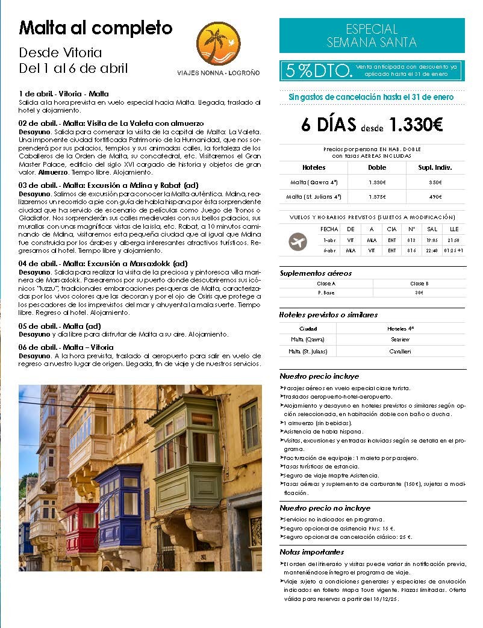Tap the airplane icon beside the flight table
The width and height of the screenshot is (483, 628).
click(298, 242)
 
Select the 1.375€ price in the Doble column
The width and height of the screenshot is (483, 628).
click(377, 197)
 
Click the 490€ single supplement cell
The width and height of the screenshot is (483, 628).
click(435, 197)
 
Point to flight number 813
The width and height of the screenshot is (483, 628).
click(411, 240)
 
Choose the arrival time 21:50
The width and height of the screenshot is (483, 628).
click(454, 240)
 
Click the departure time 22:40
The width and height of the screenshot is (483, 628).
click(432, 250)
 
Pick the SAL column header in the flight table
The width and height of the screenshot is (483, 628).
click(432, 229)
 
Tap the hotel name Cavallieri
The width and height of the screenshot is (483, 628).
click(400, 351)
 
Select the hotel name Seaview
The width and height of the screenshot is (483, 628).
click(400, 340)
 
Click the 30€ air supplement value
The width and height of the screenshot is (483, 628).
click(419, 293)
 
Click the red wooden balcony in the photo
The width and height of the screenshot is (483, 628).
click(81, 528)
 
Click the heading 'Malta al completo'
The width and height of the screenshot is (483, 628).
click(96, 28)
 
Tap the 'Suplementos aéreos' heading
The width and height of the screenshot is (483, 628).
click(316, 273)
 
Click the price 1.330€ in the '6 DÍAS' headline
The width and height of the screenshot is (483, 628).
click(416, 125)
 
